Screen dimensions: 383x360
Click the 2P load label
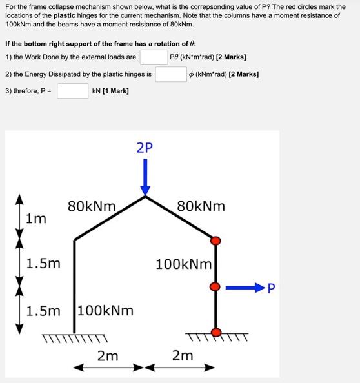click(145, 147)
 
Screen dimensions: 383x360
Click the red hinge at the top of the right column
click(216, 241)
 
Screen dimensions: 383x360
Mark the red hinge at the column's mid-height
click(216, 285)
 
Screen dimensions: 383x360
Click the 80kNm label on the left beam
click(92, 207)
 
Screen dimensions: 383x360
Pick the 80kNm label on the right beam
click(201, 207)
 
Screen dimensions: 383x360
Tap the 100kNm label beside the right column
click(184, 264)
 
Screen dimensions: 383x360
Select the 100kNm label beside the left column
click(106, 310)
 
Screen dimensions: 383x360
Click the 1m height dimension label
click(36, 219)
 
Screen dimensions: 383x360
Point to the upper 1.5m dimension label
click(43, 263)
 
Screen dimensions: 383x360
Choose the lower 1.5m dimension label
click(43, 310)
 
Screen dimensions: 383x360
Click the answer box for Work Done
click(154, 57)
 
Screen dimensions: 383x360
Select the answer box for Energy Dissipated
click(170, 74)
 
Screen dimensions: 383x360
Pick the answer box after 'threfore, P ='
click(72, 91)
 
